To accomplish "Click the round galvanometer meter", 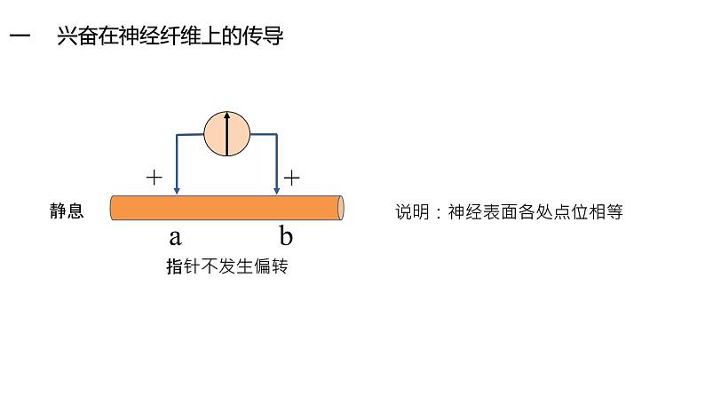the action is coord(227,134).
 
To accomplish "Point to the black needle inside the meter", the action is coord(227,134).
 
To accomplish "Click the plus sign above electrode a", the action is coord(154,177).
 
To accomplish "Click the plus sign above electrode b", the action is coord(291,178).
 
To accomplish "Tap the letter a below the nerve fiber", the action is coord(175,236).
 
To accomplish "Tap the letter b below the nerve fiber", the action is coord(286,236).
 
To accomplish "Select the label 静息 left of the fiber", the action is coord(67,211).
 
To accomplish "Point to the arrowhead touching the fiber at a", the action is coord(178,190).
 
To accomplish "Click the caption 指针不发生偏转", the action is coord(227,266).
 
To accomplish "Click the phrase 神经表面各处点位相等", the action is coord(536,212).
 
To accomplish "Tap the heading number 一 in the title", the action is coord(20,36).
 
